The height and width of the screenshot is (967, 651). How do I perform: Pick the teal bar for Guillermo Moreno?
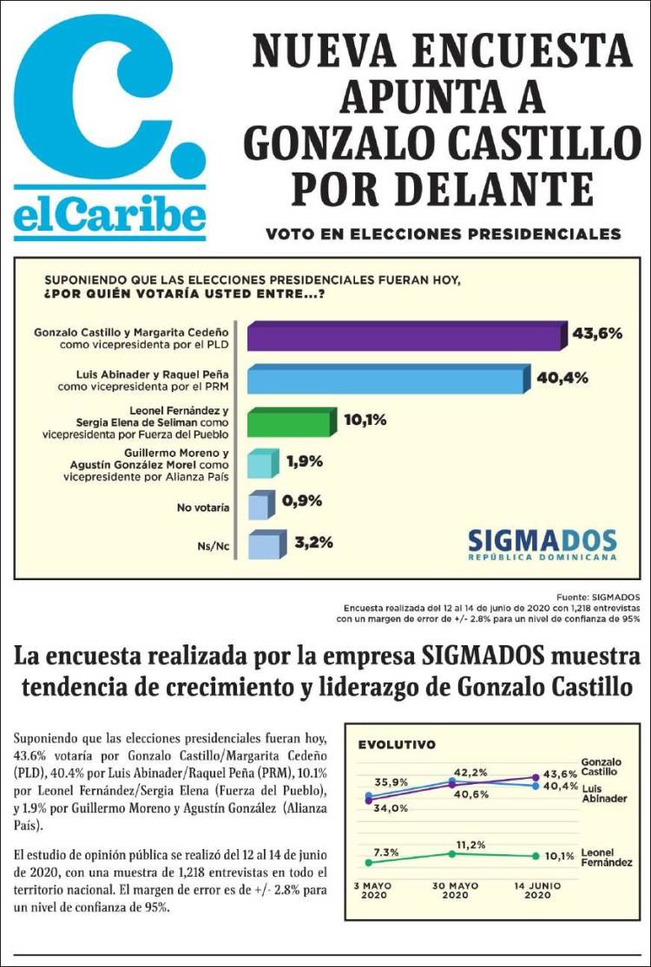point(261,464)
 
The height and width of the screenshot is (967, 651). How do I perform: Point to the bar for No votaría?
point(258,504)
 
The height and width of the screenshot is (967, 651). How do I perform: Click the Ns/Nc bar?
point(261,546)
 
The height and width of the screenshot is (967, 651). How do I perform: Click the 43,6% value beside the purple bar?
point(597,333)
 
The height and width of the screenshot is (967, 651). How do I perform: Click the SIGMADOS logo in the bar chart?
point(542,544)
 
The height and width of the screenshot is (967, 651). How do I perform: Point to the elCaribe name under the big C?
point(109,215)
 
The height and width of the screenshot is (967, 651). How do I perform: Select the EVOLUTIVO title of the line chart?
point(397,744)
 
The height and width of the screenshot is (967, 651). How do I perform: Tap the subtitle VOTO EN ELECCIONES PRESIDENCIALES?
point(443,234)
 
